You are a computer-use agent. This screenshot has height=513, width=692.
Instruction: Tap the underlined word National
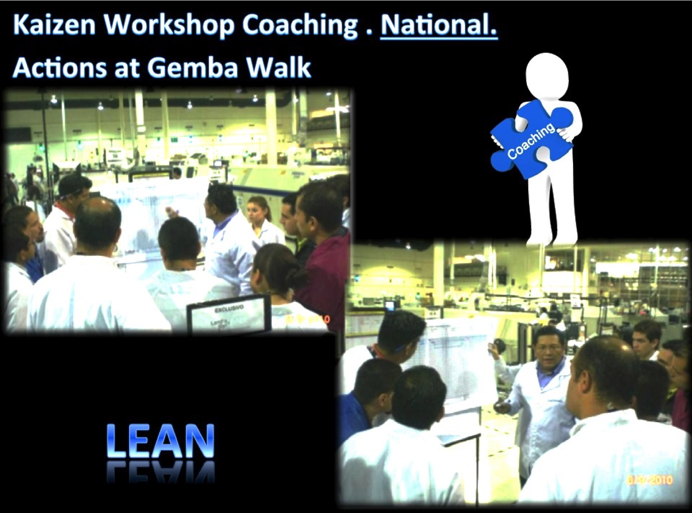coord(439,25)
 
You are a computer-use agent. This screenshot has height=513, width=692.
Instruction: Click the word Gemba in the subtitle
coord(192,68)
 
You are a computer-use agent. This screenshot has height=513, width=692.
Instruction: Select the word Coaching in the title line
coord(300,26)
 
